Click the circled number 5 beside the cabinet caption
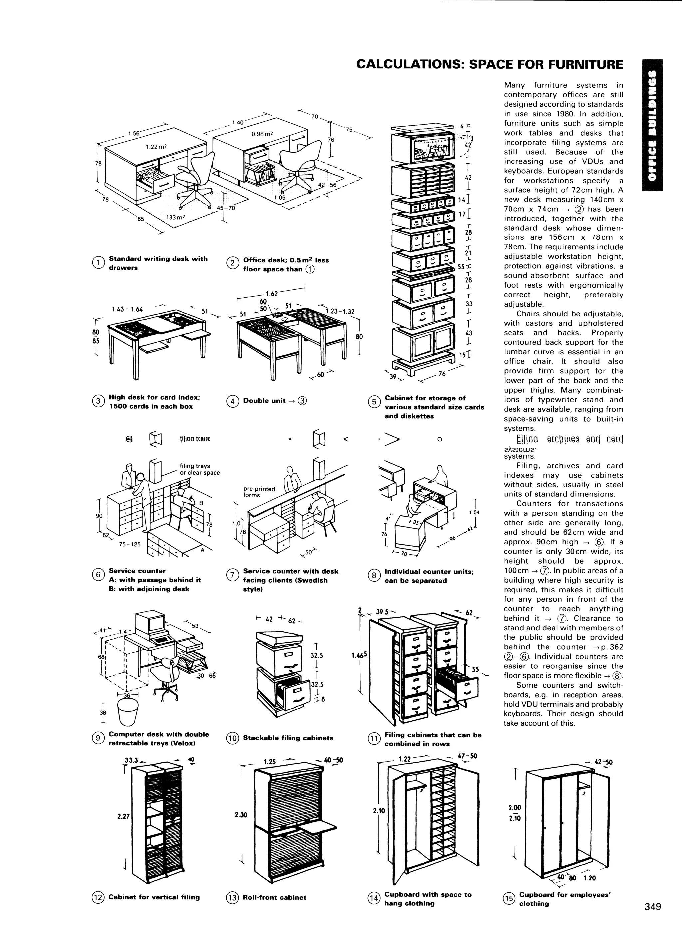[x=374, y=402]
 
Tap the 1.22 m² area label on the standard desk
[x=156, y=147]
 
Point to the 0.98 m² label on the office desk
[x=262, y=134]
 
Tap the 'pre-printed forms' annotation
[x=259, y=492]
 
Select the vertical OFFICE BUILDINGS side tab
[x=652, y=125]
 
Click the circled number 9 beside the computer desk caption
[x=98, y=737]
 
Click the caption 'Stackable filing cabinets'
[x=288, y=738]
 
